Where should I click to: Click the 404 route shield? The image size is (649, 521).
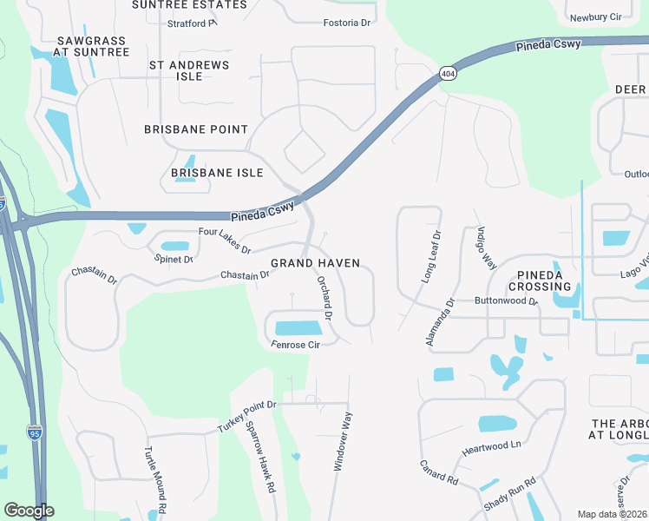(447, 74)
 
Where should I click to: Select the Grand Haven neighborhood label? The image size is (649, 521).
(315, 263)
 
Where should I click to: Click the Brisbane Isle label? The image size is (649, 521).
(217, 173)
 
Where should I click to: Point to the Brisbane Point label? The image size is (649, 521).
(196, 129)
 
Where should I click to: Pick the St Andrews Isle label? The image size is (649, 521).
(189, 70)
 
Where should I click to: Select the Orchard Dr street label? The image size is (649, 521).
(324, 298)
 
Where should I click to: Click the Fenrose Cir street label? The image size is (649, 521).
(296, 345)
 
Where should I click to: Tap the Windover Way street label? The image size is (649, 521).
(344, 442)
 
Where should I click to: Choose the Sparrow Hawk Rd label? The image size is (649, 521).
(260, 457)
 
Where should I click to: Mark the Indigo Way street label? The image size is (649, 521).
(486, 249)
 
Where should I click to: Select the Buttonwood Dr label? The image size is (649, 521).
(507, 302)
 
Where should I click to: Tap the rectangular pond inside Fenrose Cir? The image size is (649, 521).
(298, 328)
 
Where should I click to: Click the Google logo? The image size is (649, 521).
(29, 511)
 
